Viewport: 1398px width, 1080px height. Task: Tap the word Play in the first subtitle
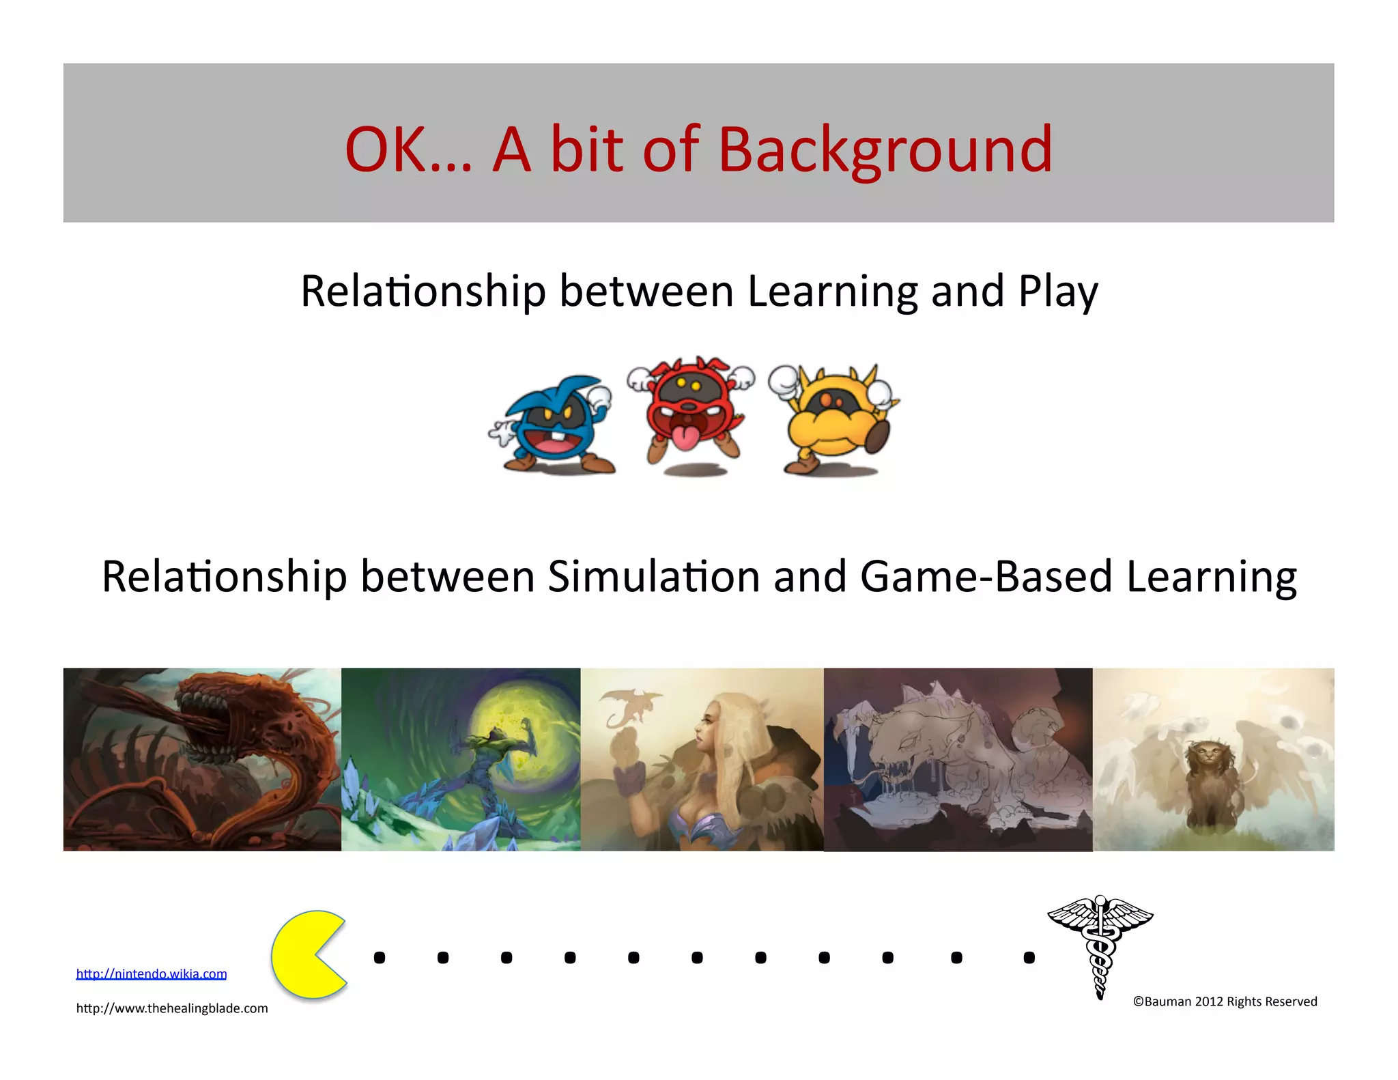(1058, 292)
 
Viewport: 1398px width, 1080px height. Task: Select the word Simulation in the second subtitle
(654, 577)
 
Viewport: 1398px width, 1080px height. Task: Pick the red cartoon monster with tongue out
(691, 413)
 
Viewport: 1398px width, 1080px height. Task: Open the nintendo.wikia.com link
(151, 974)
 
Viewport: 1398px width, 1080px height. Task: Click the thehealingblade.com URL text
(172, 1008)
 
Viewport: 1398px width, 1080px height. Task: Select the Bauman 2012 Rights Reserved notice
(1225, 1001)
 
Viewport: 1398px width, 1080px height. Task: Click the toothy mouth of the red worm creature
(205, 724)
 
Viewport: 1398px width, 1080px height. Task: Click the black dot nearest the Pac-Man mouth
(380, 958)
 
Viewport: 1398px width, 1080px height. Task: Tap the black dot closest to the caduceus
(1029, 958)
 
